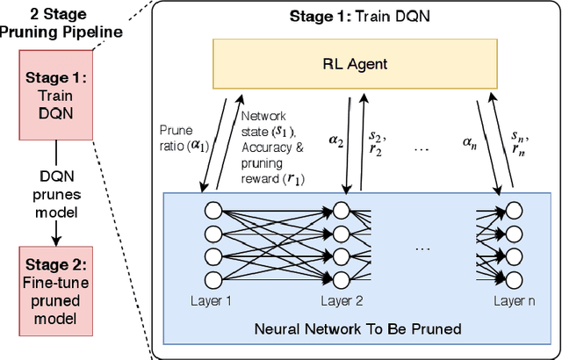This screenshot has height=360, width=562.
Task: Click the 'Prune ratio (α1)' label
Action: (181, 137)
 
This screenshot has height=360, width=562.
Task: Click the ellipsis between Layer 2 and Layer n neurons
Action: (421, 248)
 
